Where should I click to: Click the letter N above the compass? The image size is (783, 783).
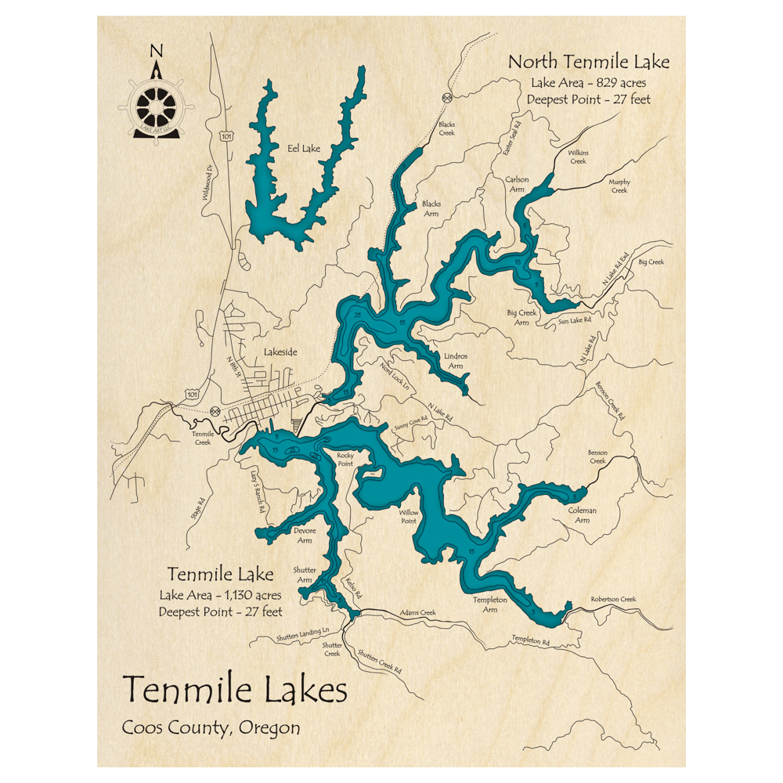(x=157, y=52)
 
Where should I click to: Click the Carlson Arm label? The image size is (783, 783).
(x=517, y=185)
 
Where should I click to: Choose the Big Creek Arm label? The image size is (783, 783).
(x=522, y=317)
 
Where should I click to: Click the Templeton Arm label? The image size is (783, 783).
(x=490, y=604)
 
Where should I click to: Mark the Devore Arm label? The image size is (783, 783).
(x=304, y=535)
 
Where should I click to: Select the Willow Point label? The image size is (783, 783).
(x=410, y=517)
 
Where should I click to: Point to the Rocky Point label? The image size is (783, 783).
(x=345, y=460)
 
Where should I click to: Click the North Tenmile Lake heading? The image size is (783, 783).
(x=588, y=62)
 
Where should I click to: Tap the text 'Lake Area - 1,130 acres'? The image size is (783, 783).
(x=219, y=596)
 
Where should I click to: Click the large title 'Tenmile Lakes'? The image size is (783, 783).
(x=235, y=690)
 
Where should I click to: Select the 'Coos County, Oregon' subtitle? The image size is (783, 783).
(x=211, y=727)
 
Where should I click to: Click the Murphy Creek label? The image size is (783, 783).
(x=619, y=186)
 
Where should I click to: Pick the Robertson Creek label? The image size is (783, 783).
(x=614, y=599)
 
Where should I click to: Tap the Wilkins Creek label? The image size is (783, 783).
(x=578, y=157)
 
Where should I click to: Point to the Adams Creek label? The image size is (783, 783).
(x=417, y=613)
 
